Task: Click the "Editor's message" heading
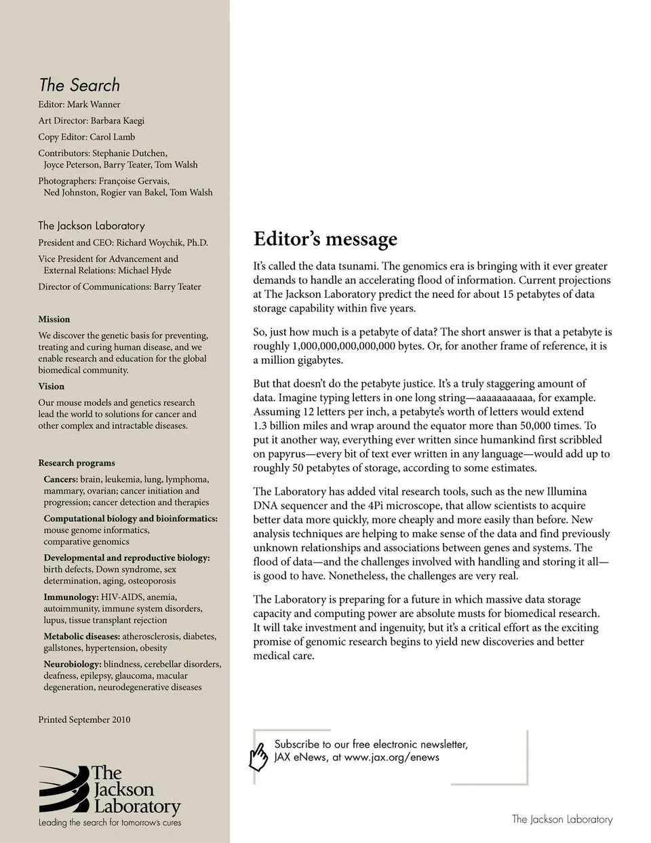pyautogui.click(x=325, y=240)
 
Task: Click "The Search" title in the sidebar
pyautogui.click(x=79, y=86)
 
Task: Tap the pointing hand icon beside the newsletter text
pyautogui.click(x=259, y=757)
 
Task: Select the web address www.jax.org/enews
pyautogui.click(x=391, y=757)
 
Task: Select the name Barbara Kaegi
pyautogui.click(x=117, y=121)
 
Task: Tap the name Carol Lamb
pyautogui.click(x=113, y=137)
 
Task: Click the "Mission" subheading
pyautogui.click(x=54, y=319)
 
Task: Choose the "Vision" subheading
pyautogui.click(x=52, y=386)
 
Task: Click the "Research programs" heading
pyautogui.click(x=77, y=463)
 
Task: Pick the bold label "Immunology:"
pyautogui.click(x=71, y=597)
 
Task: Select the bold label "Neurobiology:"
pyautogui.click(x=73, y=664)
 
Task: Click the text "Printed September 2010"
pyautogui.click(x=84, y=719)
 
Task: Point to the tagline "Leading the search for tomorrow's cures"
pyautogui.click(x=110, y=823)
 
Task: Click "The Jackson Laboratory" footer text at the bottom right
pyautogui.click(x=561, y=819)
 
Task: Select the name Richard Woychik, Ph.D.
pyautogui.click(x=162, y=243)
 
